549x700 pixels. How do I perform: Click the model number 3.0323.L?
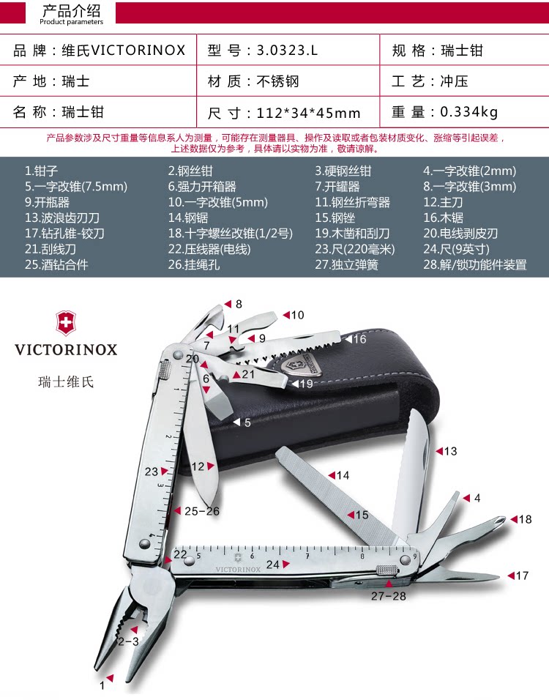click(x=288, y=51)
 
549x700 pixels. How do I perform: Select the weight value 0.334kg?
click(x=468, y=112)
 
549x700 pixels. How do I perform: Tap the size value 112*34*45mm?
click(x=308, y=113)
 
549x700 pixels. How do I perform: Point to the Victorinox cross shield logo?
click(x=66, y=323)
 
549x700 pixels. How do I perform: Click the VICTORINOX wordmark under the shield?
click(x=66, y=349)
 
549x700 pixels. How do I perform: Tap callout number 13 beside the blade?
click(x=450, y=451)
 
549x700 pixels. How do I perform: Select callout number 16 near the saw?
click(x=359, y=339)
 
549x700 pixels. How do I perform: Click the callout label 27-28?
click(x=388, y=596)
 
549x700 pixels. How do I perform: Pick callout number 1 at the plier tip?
click(x=102, y=686)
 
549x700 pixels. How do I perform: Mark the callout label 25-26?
click(x=201, y=511)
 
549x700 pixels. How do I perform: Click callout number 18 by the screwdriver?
click(x=525, y=519)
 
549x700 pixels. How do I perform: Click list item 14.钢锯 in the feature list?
click(x=188, y=217)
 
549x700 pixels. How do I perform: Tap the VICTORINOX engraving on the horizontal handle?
click(x=238, y=568)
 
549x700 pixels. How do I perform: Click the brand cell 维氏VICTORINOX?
click(x=124, y=51)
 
